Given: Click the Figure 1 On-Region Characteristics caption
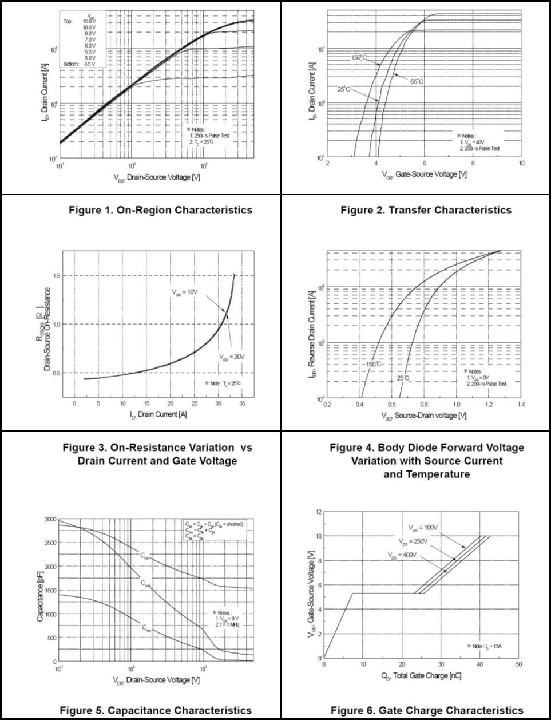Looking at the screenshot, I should [160, 210].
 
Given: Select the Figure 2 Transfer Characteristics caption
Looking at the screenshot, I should [426, 210].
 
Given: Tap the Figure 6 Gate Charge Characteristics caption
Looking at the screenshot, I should [427, 710].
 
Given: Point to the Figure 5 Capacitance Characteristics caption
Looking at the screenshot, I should [156, 710].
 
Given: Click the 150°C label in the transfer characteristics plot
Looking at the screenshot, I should [359, 58].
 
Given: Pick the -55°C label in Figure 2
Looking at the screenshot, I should [416, 82].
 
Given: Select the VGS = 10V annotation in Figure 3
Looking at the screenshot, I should [185, 292].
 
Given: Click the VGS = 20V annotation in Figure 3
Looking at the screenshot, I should [231, 357].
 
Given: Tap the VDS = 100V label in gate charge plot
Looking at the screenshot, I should [423, 527].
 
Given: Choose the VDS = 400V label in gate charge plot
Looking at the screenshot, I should [401, 555].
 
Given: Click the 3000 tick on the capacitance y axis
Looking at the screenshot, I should [50, 519].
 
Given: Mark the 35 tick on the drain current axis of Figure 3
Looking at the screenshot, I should [242, 403].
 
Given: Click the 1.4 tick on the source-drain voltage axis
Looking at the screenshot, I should [521, 405].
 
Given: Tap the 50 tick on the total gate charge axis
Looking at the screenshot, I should [519, 664].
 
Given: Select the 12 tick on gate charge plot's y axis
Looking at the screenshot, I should [318, 511].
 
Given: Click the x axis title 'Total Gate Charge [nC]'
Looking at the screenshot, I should [421, 676].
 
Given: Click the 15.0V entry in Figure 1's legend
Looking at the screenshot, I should [90, 21].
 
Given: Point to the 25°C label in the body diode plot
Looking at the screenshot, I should [403, 378].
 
